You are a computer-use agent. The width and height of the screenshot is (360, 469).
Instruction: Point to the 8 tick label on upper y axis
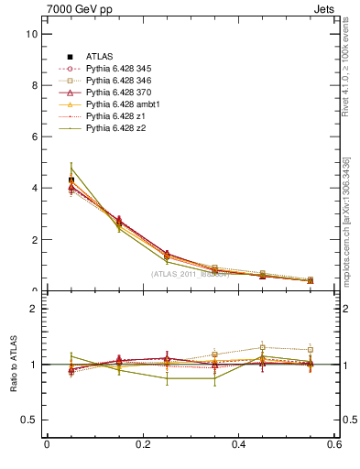point(34,85)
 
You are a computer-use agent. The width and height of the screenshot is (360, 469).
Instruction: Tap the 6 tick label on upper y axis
point(34,136)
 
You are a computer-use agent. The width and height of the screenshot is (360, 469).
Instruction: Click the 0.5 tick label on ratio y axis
point(29,420)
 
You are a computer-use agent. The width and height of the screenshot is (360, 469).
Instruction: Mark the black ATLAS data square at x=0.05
point(71,180)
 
